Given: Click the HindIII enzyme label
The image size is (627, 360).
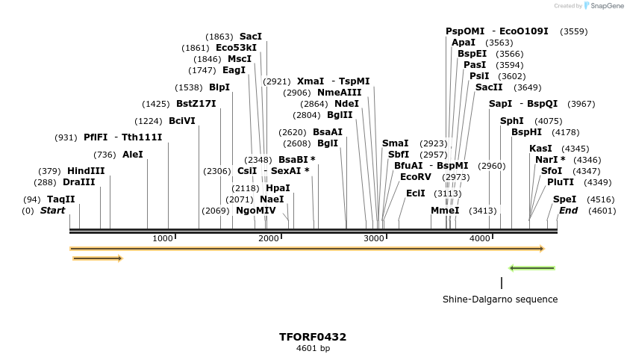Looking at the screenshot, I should click(86, 171).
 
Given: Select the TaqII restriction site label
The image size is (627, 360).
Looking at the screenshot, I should click(60, 199).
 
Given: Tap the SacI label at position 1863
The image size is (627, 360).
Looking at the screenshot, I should click(251, 37).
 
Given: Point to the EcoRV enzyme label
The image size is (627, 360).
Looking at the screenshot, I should click(416, 177).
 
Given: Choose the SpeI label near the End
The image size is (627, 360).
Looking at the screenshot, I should click(564, 199).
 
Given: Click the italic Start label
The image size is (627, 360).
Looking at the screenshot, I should click(52, 211).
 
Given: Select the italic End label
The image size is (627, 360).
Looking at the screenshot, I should click(568, 211).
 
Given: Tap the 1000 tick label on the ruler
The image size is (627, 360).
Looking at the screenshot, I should click(162, 238).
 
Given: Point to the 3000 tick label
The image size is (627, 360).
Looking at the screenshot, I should click(373, 238).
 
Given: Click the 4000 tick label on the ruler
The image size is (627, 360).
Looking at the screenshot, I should click(479, 238).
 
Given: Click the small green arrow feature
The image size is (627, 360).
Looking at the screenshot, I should click(531, 267).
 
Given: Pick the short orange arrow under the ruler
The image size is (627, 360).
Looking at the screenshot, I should click(97, 258).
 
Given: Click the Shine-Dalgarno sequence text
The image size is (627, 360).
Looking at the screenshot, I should click(500, 300).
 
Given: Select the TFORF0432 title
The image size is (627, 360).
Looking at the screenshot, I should click(313, 337).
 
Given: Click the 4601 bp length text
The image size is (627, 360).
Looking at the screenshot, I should click(313, 348).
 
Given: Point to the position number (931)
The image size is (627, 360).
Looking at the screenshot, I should click(66, 137).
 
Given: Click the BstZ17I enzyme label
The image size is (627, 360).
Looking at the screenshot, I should click(196, 104).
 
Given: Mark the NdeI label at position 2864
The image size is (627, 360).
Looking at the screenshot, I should click(346, 104).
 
